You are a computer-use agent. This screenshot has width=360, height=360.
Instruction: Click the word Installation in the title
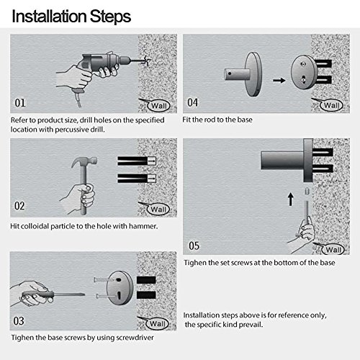(x=49, y=17)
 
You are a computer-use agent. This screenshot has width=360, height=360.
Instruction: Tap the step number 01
(x=20, y=103)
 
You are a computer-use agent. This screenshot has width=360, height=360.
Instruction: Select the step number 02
(x=19, y=206)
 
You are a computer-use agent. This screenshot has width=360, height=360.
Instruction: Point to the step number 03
(x=19, y=321)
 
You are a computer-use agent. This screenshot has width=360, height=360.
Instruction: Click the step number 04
(x=192, y=102)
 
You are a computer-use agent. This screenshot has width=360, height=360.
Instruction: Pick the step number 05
(x=194, y=246)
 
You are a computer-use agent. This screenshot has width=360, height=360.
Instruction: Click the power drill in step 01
(x=106, y=65)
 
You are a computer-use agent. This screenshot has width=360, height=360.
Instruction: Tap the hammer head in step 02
(x=84, y=161)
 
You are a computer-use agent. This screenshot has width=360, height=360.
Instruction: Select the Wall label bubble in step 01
(x=158, y=106)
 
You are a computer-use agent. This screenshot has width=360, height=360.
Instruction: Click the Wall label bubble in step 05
(x=333, y=250)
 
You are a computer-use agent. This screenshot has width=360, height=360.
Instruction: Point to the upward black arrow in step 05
(x=291, y=199)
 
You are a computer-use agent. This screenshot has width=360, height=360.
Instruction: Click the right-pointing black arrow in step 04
(x=279, y=80)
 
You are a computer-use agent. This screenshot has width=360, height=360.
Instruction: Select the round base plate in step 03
(x=120, y=288)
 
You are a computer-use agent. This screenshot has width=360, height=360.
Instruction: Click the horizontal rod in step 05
(x=282, y=161)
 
